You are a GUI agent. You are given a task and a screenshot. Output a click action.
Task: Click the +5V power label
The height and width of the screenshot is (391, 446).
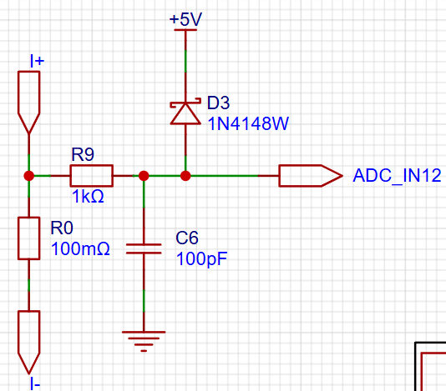tap(185, 19)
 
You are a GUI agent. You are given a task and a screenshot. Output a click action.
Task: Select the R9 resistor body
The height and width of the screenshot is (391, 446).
tap(92, 176)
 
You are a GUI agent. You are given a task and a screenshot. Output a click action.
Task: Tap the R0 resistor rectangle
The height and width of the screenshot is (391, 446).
tap(28, 238)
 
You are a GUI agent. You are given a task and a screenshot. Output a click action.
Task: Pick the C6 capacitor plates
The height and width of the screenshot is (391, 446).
tap(144, 248)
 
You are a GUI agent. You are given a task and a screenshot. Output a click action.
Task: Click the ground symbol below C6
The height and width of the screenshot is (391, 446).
tap(144, 341)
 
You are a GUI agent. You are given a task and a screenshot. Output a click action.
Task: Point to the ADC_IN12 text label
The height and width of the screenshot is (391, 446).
tap(397, 176)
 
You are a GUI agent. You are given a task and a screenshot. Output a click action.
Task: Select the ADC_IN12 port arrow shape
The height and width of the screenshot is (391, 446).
tap(311, 176)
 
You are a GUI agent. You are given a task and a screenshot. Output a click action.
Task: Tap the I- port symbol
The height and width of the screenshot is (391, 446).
tap(28, 342)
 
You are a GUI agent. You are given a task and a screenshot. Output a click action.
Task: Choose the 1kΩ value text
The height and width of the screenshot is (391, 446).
tap(88, 196)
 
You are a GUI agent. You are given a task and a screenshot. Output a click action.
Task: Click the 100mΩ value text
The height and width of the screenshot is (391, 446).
tap(80, 248)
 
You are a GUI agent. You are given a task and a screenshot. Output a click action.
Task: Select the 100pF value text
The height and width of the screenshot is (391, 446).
tap(201, 259)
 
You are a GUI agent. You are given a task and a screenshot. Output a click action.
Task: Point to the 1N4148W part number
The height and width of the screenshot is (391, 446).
tap(248, 123)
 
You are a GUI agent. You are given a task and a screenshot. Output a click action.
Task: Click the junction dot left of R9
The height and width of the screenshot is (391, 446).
tap(29, 176)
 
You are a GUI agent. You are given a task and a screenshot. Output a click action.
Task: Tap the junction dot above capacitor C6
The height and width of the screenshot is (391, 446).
tap(144, 176)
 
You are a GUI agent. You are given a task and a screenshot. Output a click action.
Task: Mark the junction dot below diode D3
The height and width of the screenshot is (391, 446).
tap(185, 176)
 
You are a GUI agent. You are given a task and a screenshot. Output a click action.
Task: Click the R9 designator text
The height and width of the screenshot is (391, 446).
tap(83, 154)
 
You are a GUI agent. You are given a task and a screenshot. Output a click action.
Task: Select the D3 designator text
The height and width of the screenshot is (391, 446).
tap(218, 103)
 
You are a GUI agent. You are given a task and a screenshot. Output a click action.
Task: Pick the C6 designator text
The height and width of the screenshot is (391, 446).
tap(187, 238)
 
